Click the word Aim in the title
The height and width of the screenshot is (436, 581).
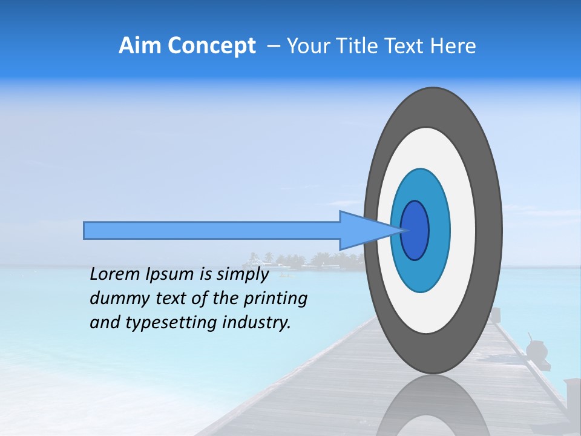click(x=140, y=46)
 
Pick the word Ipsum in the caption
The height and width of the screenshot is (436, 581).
click(x=169, y=274)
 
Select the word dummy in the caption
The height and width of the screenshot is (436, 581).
click(x=116, y=298)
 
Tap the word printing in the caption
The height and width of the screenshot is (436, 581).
click(x=275, y=299)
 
